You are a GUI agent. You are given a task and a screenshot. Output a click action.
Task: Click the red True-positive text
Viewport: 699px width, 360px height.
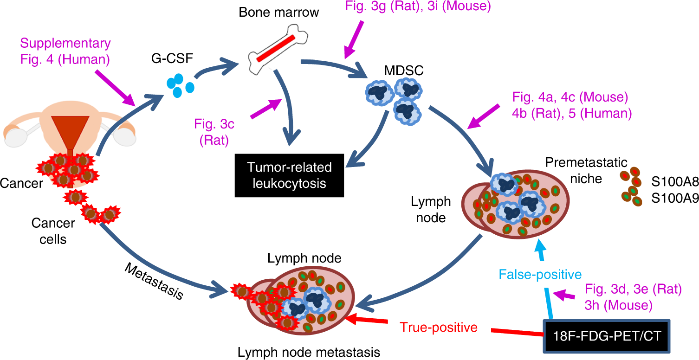(x=439, y=328)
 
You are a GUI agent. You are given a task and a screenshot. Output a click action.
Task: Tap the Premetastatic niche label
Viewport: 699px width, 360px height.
(x=586, y=170)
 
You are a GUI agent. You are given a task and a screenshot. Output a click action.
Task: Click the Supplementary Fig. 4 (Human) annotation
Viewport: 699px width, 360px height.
(x=65, y=51)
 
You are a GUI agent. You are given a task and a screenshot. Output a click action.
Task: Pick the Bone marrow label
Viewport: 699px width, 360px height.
(x=278, y=12)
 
